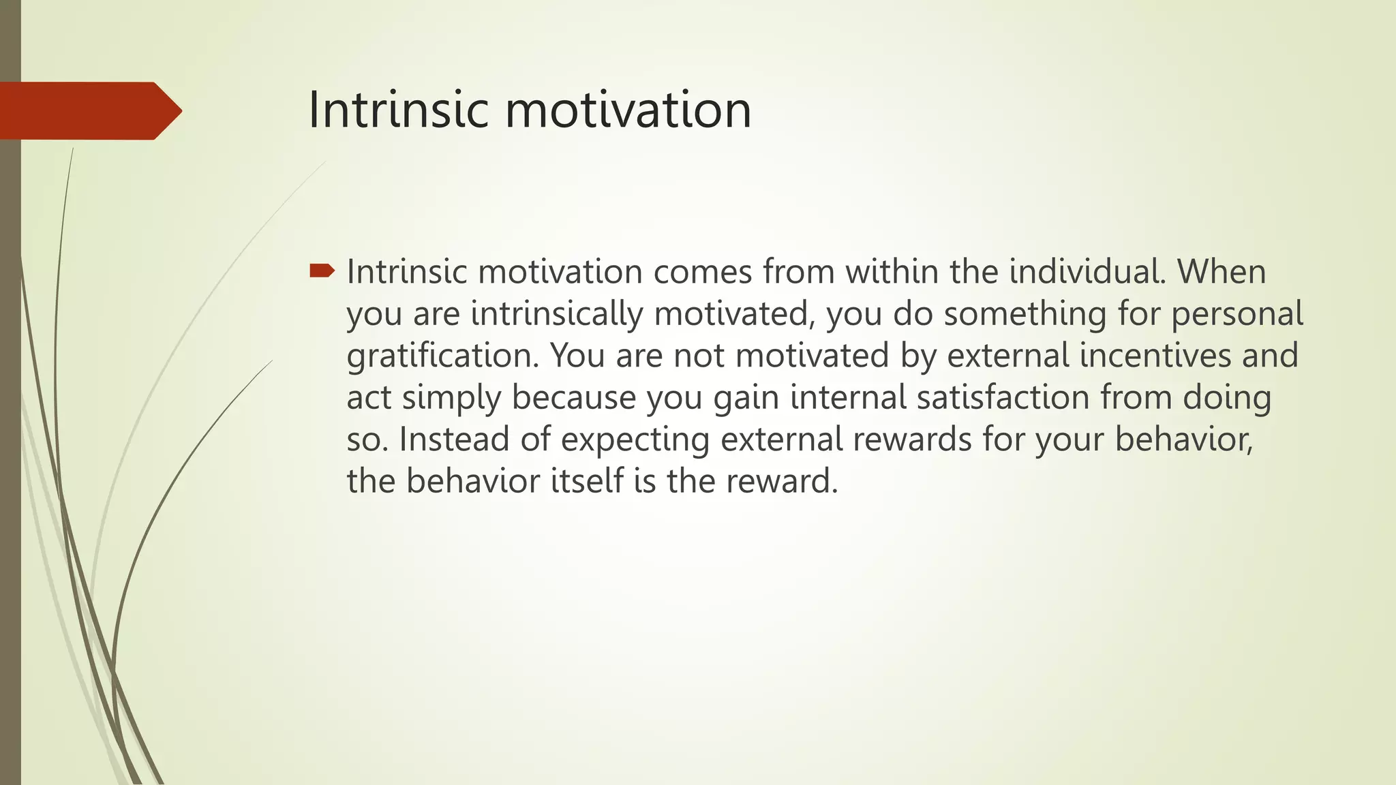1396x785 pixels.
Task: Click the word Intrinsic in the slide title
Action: click(x=398, y=110)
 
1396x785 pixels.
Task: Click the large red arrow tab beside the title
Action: click(x=89, y=110)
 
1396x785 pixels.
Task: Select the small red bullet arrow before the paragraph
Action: click(x=322, y=272)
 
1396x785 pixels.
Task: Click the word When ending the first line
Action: click(x=1221, y=272)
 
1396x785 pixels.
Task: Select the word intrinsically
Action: click(x=557, y=314)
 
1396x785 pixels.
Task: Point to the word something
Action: click(x=1025, y=314)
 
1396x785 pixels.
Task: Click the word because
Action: click(x=574, y=398)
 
